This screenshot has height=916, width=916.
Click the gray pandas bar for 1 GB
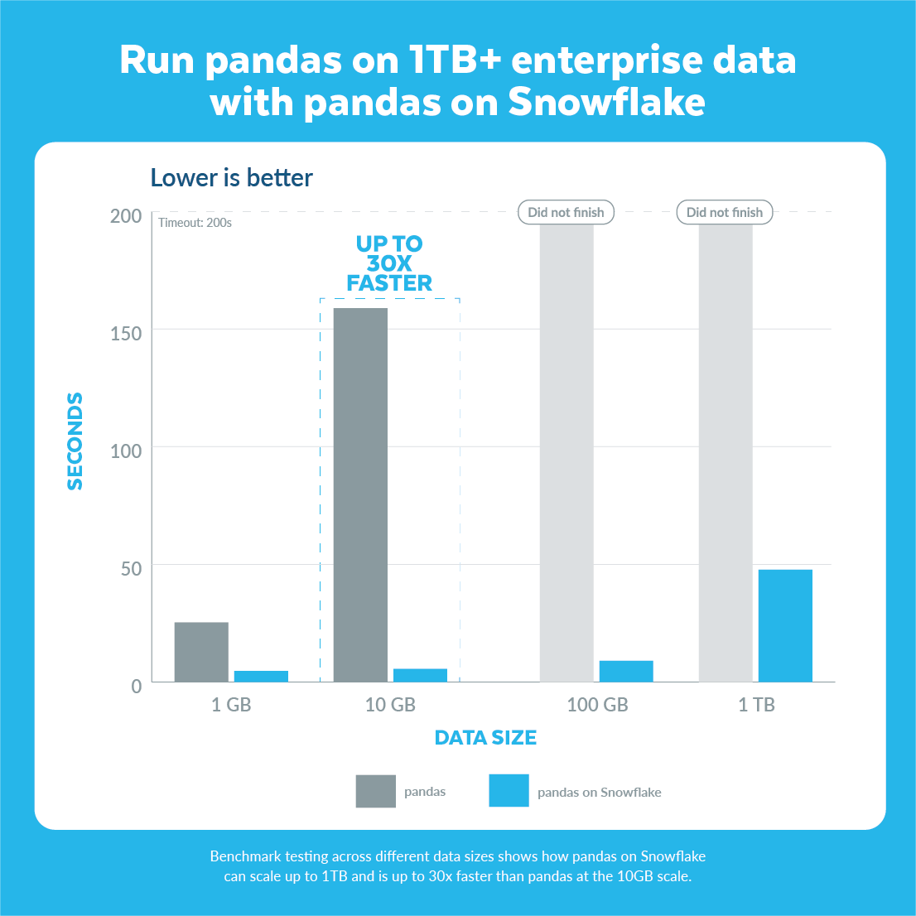pyautogui.click(x=201, y=652)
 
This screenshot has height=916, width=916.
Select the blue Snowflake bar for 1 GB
pyautogui.click(x=261, y=676)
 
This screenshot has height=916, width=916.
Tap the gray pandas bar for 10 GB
pyautogui.click(x=360, y=494)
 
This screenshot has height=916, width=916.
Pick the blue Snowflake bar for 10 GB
pyautogui.click(x=420, y=675)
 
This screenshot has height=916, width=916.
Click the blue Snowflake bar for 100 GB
pyautogui.click(x=626, y=671)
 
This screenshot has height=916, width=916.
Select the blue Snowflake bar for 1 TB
pyautogui.click(x=785, y=625)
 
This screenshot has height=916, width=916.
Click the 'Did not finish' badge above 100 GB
pyautogui.click(x=566, y=212)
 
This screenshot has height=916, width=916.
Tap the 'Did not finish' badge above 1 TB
pyautogui.click(x=725, y=212)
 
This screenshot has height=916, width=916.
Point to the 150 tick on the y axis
pyautogui.click(x=126, y=333)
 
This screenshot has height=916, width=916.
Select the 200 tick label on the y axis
pyautogui.click(x=126, y=216)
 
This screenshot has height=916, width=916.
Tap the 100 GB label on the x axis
pyautogui.click(x=597, y=705)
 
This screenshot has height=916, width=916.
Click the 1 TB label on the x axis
pyautogui.click(x=756, y=705)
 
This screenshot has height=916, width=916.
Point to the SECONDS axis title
pyautogui.click(x=75, y=441)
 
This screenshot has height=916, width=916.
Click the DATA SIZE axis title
pyautogui.click(x=485, y=738)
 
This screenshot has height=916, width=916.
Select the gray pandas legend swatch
pyautogui.click(x=376, y=791)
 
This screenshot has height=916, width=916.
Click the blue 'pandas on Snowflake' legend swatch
pyautogui.click(x=509, y=791)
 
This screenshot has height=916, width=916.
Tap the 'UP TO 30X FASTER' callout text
pyautogui.click(x=389, y=263)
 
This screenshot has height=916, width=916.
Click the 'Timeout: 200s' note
pyautogui.click(x=195, y=223)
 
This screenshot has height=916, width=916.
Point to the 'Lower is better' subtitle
pyautogui.click(x=231, y=178)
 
